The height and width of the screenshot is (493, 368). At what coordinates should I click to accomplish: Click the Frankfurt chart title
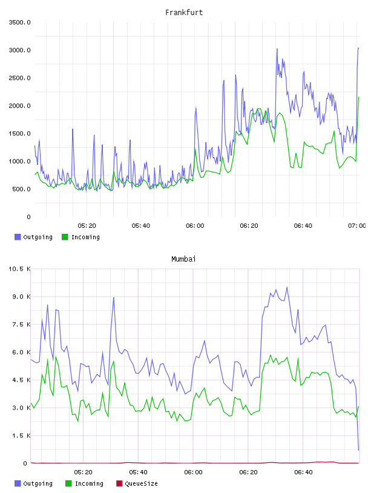point(184,13)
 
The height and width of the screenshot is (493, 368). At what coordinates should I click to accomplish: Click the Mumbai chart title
point(183,259)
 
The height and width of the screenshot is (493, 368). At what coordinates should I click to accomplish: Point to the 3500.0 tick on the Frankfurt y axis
point(19,22)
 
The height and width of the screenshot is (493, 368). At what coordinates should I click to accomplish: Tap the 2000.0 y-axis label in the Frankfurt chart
point(19,106)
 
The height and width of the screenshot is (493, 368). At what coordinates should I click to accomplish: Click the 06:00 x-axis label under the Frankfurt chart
point(195,225)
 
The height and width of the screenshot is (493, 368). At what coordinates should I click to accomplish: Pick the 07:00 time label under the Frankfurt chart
point(356,225)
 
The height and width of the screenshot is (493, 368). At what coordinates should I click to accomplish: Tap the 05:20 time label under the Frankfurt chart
point(87,225)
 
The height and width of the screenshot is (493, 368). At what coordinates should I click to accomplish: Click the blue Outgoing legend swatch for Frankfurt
point(18,237)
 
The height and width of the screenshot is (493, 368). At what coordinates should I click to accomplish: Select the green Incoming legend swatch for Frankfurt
point(65,237)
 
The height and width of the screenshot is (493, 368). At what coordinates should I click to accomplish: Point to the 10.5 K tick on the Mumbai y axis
point(19,269)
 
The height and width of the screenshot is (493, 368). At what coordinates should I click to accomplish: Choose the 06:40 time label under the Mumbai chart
point(303,472)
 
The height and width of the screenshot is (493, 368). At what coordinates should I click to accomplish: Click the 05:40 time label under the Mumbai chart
point(138,472)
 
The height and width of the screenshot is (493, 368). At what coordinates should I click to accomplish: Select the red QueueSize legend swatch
point(119,483)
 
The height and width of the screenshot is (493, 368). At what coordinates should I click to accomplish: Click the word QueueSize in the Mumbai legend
point(141,483)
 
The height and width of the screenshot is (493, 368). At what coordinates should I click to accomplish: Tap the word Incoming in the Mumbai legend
point(89,483)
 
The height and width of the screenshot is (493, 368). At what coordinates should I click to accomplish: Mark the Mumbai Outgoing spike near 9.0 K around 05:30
point(114,297)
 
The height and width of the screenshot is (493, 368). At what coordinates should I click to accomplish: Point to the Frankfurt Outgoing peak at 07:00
point(358,48)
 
